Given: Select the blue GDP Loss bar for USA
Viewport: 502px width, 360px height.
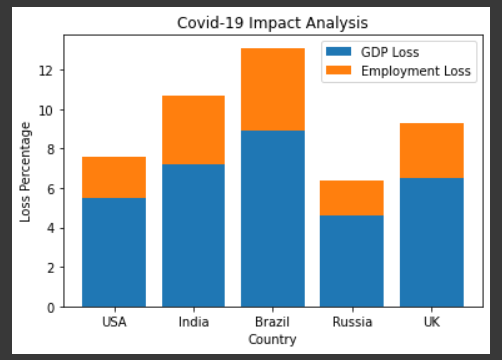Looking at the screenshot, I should pyautogui.click(x=114, y=252).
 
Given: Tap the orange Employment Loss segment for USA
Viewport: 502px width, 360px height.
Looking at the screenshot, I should pyautogui.click(x=114, y=177).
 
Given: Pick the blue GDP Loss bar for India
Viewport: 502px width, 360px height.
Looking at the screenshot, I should pyautogui.click(x=193, y=235).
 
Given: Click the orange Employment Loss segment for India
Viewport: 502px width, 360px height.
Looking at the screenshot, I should pyautogui.click(x=193, y=130).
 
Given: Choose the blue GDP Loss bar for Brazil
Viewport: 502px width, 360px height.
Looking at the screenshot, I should pyautogui.click(x=272, y=218).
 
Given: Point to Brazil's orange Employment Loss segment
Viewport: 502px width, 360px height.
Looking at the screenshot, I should pyautogui.click(x=272, y=89).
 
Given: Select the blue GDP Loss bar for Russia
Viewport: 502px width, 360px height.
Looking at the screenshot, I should pyautogui.click(x=352, y=261).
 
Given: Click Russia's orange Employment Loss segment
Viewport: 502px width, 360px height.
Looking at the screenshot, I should pyautogui.click(x=352, y=198).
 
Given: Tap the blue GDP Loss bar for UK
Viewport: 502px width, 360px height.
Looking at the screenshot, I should pyautogui.click(x=431, y=242).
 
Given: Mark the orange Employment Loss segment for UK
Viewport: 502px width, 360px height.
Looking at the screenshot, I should pyautogui.click(x=431, y=150).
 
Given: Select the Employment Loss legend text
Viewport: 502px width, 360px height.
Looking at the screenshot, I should pyautogui.click(x=417, y=71).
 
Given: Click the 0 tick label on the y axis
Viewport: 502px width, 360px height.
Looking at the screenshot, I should pyautogui.click(x=49, y=307).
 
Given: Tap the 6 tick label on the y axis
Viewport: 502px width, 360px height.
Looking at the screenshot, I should pyautogui.click(x=49, y=189).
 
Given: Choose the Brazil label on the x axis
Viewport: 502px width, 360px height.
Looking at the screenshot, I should pyautogui.click(x=272, y=323).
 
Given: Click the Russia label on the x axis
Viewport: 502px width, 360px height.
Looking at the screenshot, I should pyautogui.click(x=352, y=323).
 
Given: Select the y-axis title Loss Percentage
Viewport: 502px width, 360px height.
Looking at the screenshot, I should pyautogui.click(x=27, y=171).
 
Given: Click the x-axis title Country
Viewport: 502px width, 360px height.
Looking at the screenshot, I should pyautogui.click(x=272, y=339).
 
